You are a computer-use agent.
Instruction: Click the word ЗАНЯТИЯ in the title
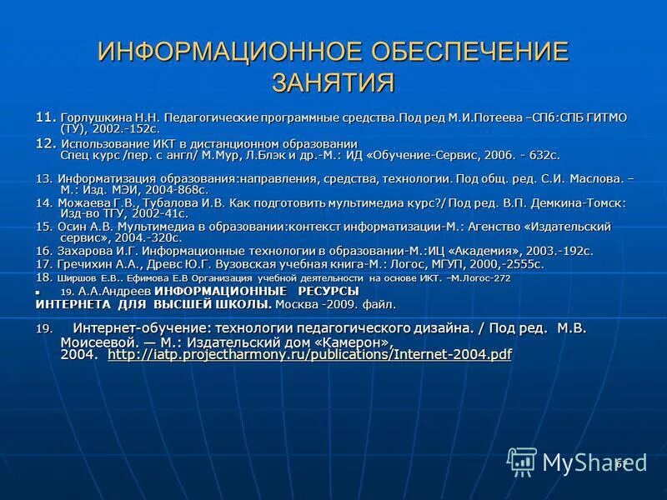click(x=333, y=82)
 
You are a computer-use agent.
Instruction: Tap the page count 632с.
click(x=539, y=155)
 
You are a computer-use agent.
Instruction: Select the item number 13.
click(x=44, y=178)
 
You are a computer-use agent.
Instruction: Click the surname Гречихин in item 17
click(x=88, y=264)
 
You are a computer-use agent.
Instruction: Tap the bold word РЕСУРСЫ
click(x=328, y=291)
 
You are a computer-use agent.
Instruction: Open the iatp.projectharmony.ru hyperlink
click(x=309, y=354)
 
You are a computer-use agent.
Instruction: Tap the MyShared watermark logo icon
click(x=522, y=461)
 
